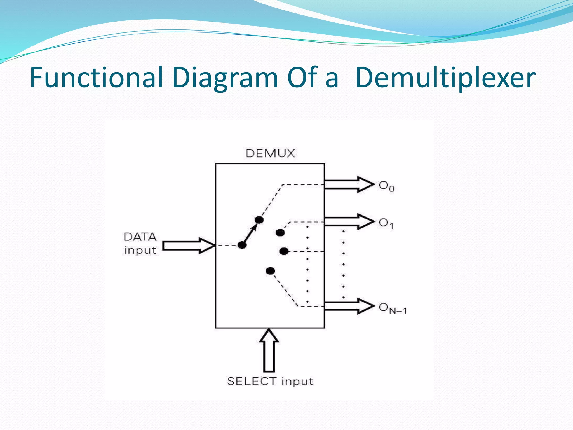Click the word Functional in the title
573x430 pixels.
click(97, 77)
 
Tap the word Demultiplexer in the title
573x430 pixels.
click(445, 78)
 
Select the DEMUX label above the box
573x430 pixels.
click(270, 153)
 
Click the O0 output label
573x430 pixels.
click(386, 186)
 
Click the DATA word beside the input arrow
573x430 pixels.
click(140, 237)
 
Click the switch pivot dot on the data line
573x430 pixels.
click(242, 245)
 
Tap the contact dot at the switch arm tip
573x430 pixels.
click(259, 220)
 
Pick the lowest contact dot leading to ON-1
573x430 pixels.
click(270, 271)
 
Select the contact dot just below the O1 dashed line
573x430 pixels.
click(280, 232)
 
